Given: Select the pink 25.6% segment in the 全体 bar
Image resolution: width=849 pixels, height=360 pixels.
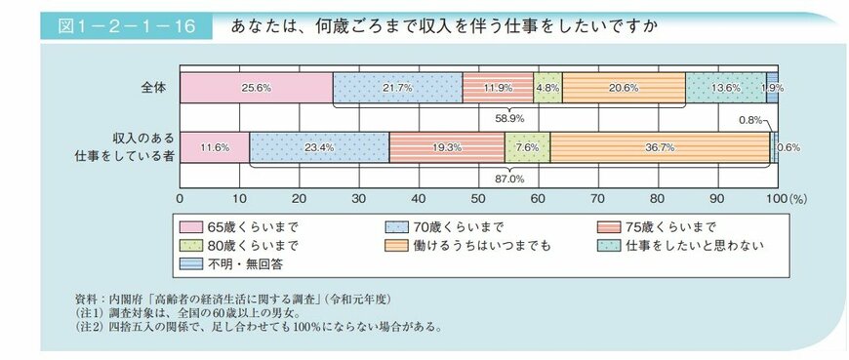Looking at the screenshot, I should pyautogui.click(x=256, y=87).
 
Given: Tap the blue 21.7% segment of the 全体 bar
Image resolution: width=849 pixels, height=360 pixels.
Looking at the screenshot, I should pyautogui.click(x=397, y=87).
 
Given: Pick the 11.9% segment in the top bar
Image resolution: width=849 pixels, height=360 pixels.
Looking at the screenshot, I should pyautogui.click(x=498, y=87).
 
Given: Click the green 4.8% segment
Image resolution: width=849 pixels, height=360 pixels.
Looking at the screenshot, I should pyautogui.click(x=547, y=87).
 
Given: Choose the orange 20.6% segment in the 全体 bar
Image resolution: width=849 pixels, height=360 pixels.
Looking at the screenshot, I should pyautogui.click(x=624, y=87).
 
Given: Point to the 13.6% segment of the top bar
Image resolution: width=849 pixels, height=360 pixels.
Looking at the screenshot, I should pyautogui.click(x=725, y=87).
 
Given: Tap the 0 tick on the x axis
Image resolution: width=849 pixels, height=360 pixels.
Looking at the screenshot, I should pyautogui.click(x=181, y=198).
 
